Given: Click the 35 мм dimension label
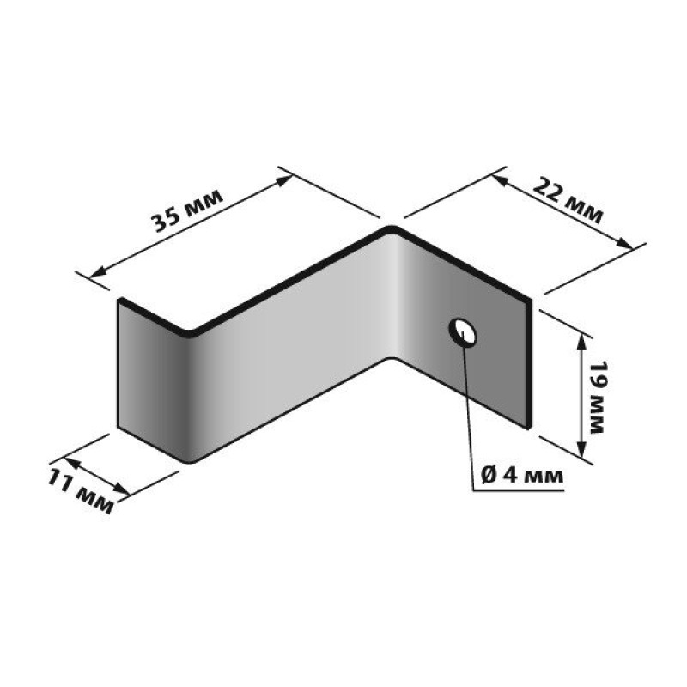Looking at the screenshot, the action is [x=187, y=210].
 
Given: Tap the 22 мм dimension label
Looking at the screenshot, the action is [x=568, y=202].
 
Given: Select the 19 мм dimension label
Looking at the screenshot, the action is [x=597, y=398].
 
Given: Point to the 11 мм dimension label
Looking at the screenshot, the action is [x=81, y=490].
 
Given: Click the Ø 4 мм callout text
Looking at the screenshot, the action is [x=522, y=475].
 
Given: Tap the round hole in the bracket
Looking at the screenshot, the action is [x=463, y=331].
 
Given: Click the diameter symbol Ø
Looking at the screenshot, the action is [x=489, y=475].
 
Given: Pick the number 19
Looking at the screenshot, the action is [x=597, y=374].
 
